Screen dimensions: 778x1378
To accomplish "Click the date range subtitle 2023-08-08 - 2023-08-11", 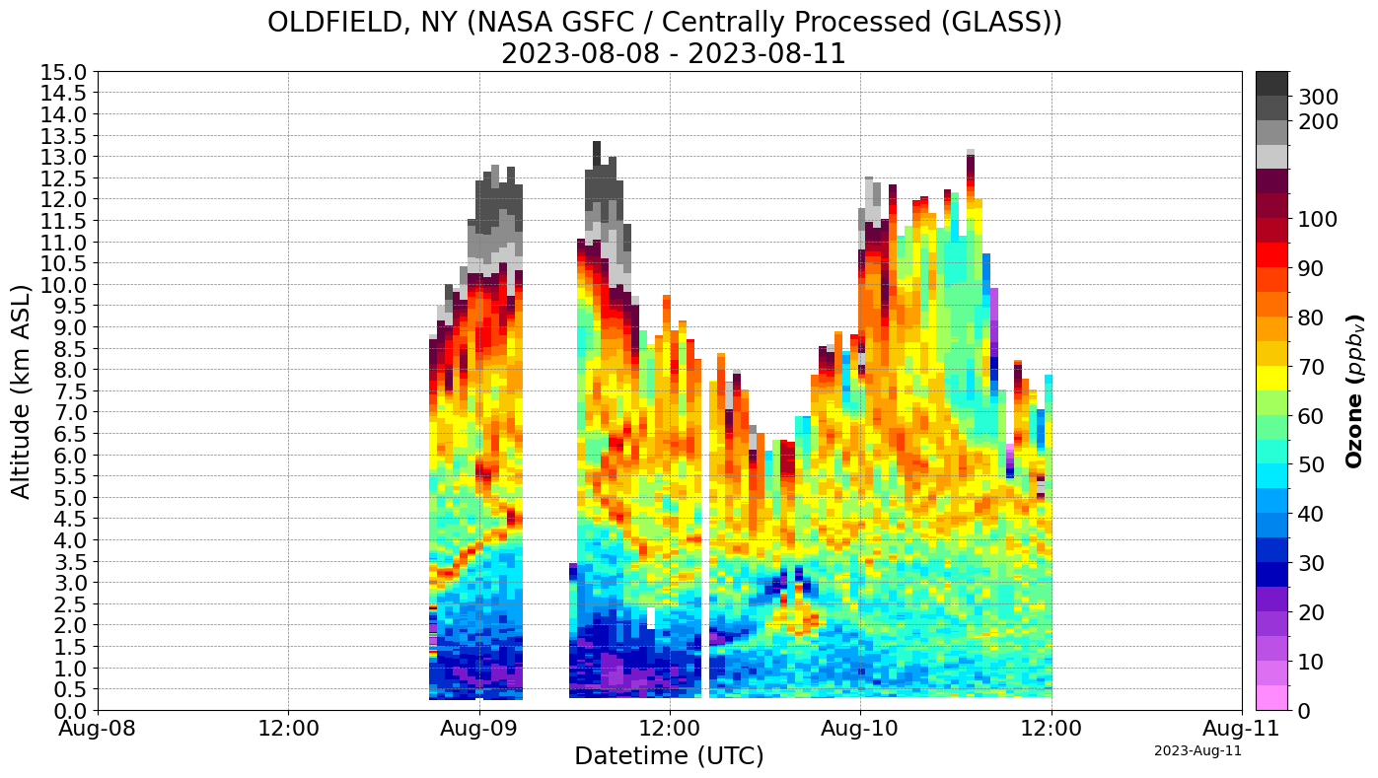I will (x=673, y=53).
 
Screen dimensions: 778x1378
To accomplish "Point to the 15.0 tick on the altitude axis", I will (x=64, y=72).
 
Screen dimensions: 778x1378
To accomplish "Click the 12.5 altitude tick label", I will (x=64, y=178).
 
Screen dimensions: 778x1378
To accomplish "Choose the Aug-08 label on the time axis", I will (x=98, y=731).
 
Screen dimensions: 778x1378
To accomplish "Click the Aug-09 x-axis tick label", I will (x=479, y=731).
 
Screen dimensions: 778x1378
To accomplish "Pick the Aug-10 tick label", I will (x=860, y=731).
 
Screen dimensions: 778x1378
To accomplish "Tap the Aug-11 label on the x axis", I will (x=1241, y=731).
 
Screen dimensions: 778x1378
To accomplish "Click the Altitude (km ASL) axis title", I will (x=21, y=391).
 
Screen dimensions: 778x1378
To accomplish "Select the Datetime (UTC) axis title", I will (x=669, y=756).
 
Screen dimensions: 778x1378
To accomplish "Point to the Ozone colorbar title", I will (x=1355, y=390).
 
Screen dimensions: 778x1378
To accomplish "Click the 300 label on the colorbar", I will (x=1318, y=97).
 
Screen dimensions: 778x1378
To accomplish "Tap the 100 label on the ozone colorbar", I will (x=1318, y=219).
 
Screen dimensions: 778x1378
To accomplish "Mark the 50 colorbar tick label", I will (x=1312, y=464).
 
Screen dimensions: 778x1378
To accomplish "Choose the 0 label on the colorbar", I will (x=1306, y=710).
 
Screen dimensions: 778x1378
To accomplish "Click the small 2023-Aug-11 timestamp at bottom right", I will (x=1197, y=751).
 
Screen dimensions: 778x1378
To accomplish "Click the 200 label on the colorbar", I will (x=1318, y=121).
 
